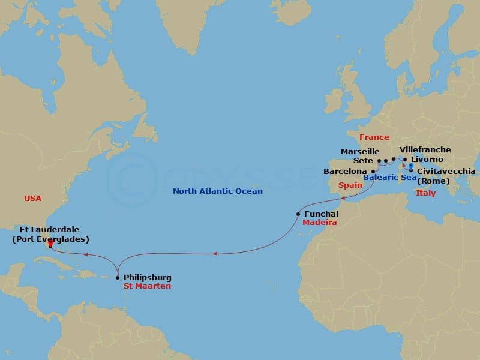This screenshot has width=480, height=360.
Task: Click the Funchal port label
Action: tap(322, 214)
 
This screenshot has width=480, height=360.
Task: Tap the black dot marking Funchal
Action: tap(298, 214)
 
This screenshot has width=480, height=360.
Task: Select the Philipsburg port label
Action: tap(147, 278)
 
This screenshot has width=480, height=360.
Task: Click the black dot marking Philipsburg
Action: tap(117, 278)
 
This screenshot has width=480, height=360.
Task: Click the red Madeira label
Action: tap(319, 223)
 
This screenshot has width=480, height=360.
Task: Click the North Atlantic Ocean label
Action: tap(218, 191)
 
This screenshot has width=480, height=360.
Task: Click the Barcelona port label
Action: tap(345, 171)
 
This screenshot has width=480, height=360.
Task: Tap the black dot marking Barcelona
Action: tap(373, 172)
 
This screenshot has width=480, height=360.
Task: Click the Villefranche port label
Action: tap(425, 150)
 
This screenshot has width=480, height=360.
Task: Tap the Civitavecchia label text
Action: tap(446, 172)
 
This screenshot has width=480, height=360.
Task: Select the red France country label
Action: tap(374, 137)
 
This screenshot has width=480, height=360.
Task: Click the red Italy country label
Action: tap(425, 193)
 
